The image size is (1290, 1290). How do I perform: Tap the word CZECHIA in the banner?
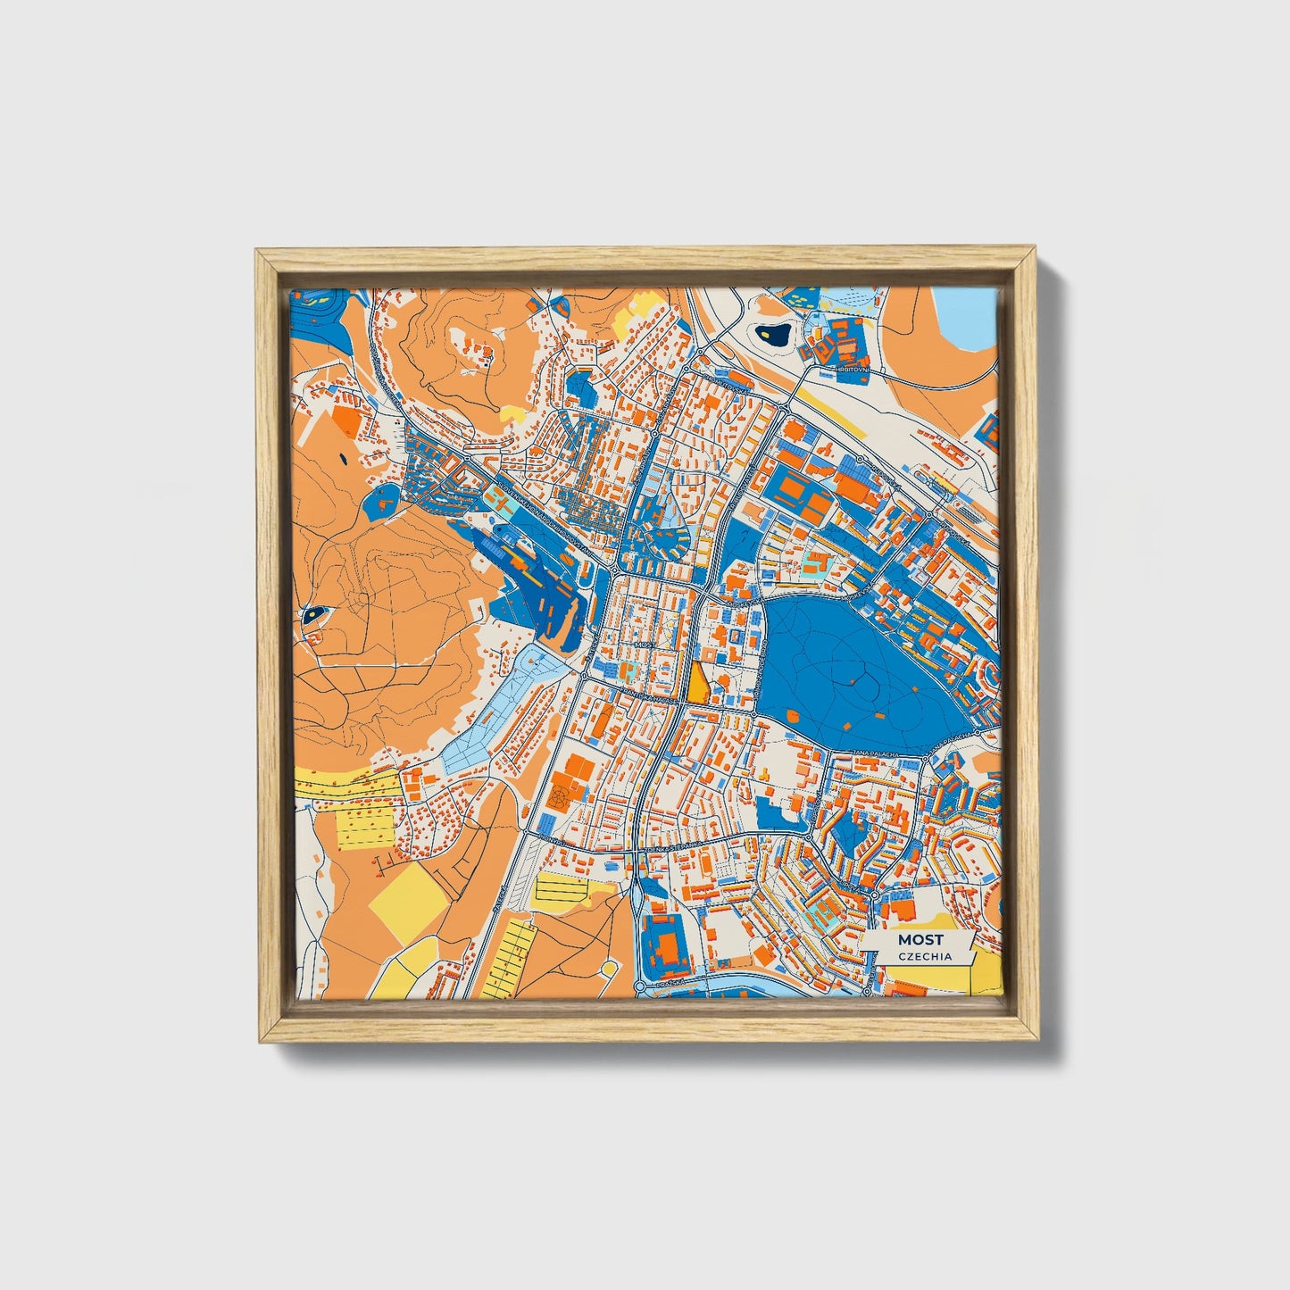[x=925, y=956]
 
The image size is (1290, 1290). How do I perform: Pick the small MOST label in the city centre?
[x=643, y=643]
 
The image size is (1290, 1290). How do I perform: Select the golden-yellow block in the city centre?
[x=695, y=683]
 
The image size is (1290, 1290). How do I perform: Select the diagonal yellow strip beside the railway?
[x=829, y=410]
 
